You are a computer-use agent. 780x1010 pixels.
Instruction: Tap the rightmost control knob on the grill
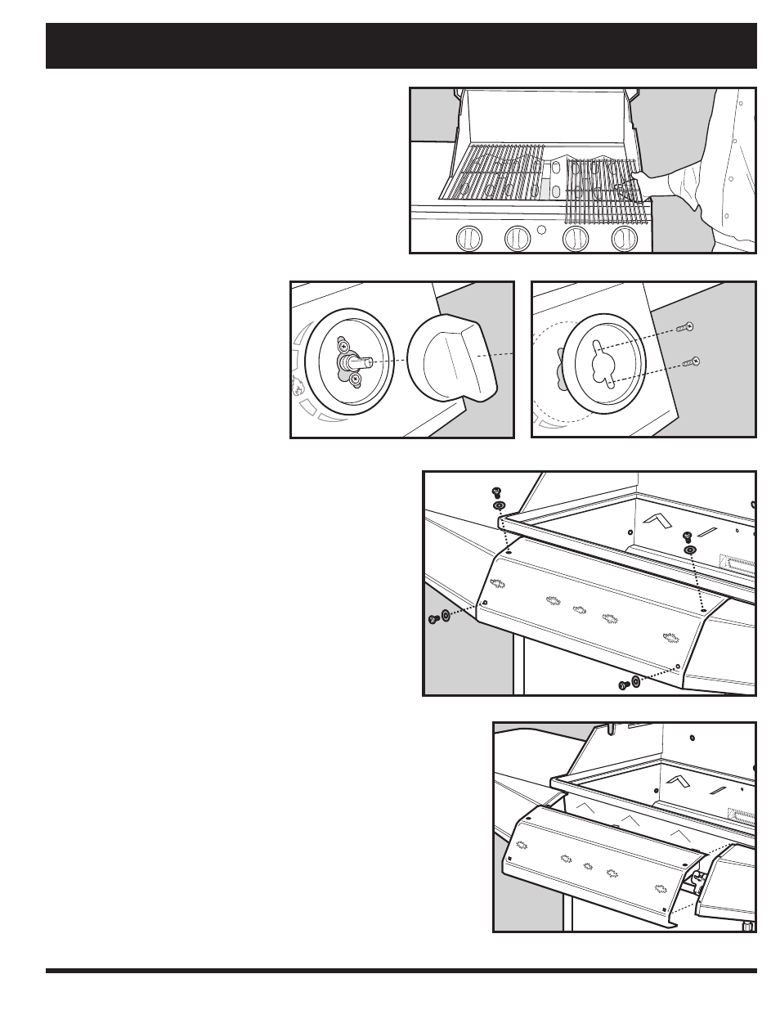tap(625, 240)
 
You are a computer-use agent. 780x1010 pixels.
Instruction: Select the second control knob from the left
tap(517, 240)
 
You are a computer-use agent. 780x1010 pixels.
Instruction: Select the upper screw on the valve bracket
tap(344, 347)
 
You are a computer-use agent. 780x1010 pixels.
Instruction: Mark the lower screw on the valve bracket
tap(355, 379)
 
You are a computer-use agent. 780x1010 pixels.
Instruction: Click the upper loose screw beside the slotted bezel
tap(685, 327)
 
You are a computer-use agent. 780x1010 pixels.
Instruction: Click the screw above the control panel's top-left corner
tap(495, 492)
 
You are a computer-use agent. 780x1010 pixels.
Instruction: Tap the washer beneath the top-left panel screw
tap(499, 506)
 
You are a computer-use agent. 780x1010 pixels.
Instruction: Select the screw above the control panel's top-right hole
tap(687, 536)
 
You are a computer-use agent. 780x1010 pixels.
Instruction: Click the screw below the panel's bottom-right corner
tap(623, 684)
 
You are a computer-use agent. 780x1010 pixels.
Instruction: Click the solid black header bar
tap(401, 46)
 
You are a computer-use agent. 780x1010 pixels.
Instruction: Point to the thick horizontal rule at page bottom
tap(401, 971)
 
